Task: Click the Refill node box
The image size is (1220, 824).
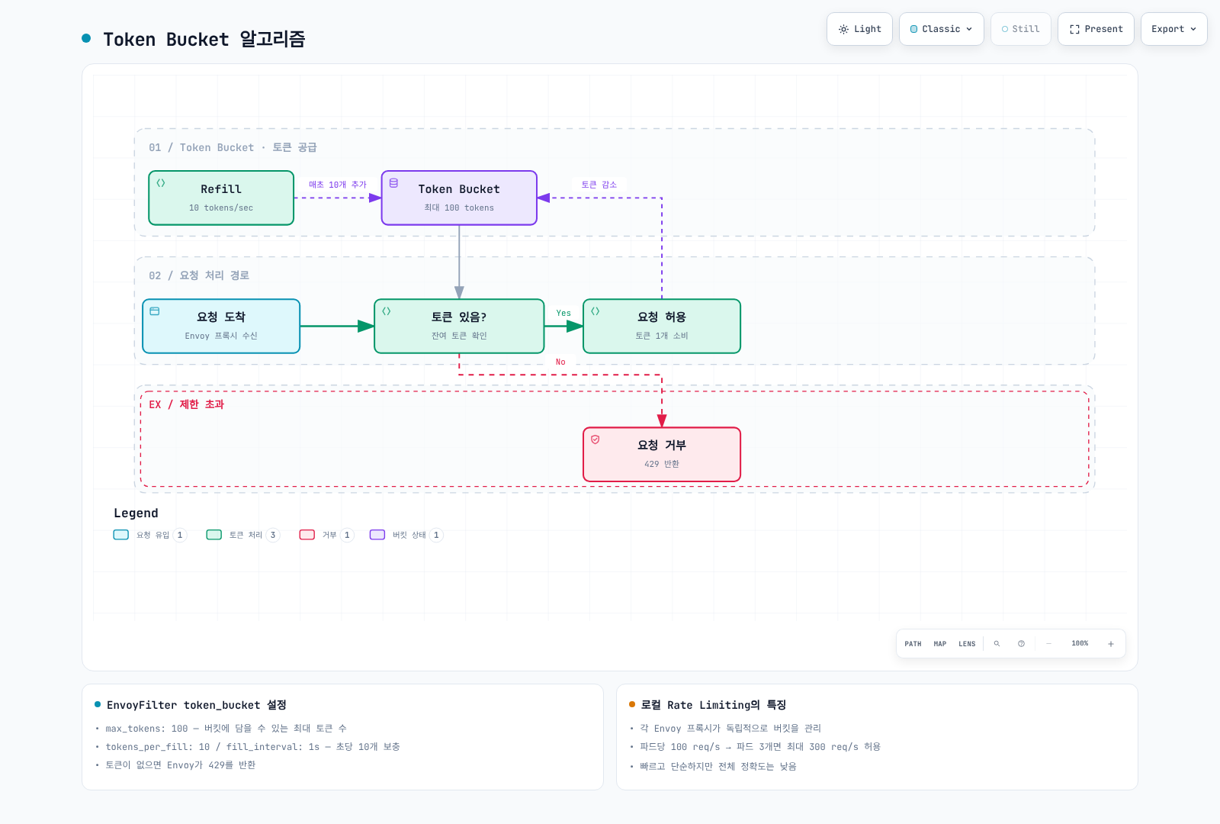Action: click(x=221, y=198)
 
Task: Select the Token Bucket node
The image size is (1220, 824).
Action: click(x=459, y=198)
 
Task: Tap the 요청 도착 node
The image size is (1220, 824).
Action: click(x=221, y=326)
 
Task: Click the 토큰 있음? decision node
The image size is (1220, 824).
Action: click(x=459, y=326)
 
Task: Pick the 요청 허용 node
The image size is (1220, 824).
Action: click(x=662, y=326)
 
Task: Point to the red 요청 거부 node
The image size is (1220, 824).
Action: click(x=662, y=454)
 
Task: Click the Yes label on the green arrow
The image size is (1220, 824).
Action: click(x=563, y=313)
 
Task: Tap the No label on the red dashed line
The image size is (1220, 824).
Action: click(x=560, y=362)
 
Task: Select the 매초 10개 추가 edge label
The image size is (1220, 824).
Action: click(x=338, y=185)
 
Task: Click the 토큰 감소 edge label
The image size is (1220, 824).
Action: click(x=599, y=185)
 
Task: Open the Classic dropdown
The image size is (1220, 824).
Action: click(x=941, y=29)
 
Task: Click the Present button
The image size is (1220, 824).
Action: click(x=1096, y=29)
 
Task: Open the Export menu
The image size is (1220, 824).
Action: click(x=1173, y=29)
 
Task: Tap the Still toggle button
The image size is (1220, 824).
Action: click(x=1021, y=29)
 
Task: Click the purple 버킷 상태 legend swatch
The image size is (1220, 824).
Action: click(x=377, y=535)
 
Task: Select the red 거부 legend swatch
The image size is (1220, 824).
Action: click(x=307, y=535)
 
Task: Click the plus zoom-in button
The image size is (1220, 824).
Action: click(x=1111, y=644)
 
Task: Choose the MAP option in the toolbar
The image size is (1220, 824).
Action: click(x=940, y=644)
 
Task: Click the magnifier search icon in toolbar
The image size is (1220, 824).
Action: click(x=997, y=644)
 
